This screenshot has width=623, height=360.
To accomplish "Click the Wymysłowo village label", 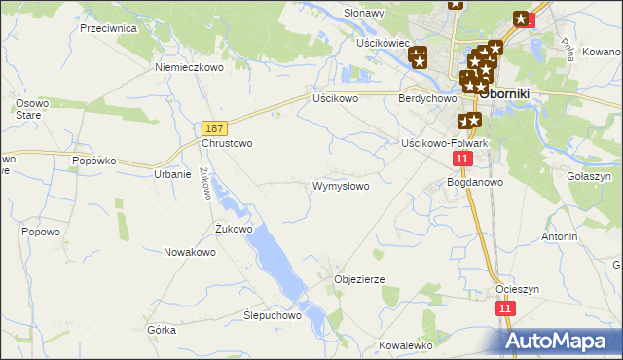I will [x=340, y=186].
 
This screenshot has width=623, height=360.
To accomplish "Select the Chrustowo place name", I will [x=227, y=143].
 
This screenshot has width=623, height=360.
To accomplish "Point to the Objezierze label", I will [x=359, y=279].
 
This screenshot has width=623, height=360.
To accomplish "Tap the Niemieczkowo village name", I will [x=189, y=68].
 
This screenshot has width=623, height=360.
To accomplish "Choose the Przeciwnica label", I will [x=108, y=28].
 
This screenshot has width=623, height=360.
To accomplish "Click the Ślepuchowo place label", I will [x=273, y=316].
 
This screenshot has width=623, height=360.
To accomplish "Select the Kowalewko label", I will [x=405, y=345].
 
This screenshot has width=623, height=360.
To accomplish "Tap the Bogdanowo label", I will [x=474, y=182].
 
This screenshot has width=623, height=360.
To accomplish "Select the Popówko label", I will [x=94, y=160].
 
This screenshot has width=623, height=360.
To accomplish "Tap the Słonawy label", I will [x=365, y=13].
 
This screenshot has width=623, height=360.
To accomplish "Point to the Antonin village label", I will [x=560, y=236].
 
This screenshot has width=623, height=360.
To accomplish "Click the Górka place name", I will [x=162, y=330].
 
